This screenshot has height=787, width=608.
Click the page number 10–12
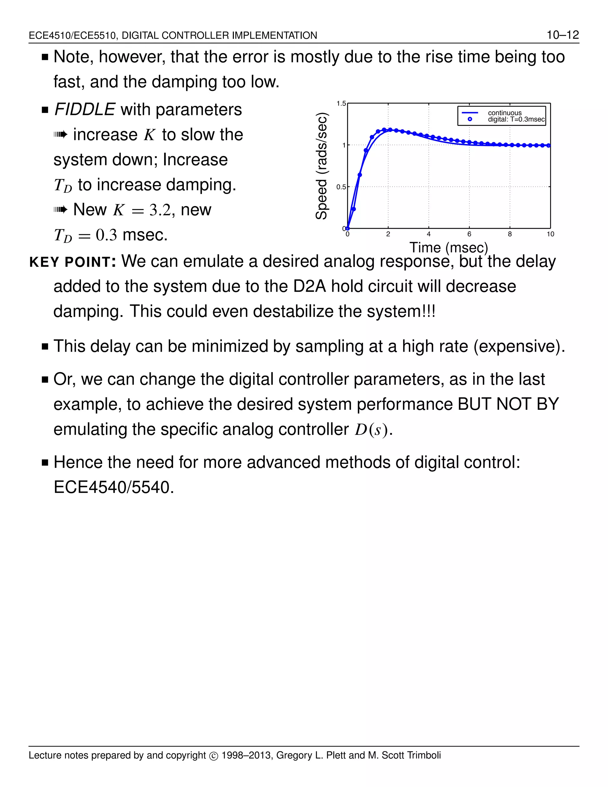click(563, 35)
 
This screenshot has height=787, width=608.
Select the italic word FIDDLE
click(85, 110)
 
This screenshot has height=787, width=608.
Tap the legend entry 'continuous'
click(505, 113)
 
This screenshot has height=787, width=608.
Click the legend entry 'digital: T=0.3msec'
click(516, 120)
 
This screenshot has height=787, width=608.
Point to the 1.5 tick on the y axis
click(341, 104)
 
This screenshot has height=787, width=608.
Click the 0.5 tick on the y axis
click(341, 187)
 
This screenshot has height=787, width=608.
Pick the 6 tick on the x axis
click(469, 234)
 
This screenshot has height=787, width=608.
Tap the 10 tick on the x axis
click(550, 234)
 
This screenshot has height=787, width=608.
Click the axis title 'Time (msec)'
click(449, 248)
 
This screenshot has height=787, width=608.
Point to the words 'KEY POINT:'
click(72, 262)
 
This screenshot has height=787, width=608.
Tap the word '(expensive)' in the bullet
click(519, 346)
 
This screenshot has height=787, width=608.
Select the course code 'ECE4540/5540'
click(113, 488)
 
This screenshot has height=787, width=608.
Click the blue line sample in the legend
click(470, 113)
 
